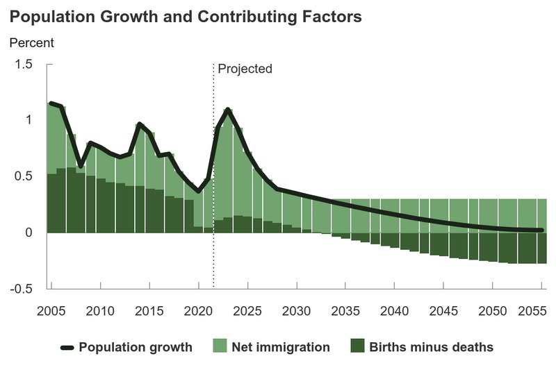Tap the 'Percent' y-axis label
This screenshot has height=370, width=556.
pos(31,42)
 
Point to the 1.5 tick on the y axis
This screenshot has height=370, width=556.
pos(24,65)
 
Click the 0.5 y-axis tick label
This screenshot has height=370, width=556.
pos(24,176)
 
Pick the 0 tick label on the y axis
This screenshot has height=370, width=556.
pos(29,233)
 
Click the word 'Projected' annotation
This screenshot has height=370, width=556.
pos(245,69)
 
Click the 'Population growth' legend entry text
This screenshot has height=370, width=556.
pos(136,347)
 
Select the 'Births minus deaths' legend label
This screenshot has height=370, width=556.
pos(431,347)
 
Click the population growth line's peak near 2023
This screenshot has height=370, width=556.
pos(228,110)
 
